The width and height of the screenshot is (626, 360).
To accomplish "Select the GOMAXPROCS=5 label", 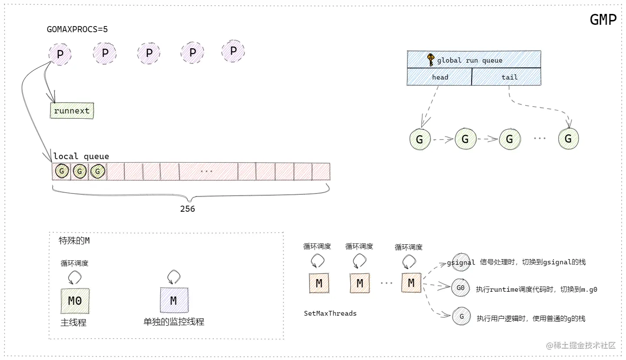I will point(77,30).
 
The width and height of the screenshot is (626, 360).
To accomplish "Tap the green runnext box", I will point(72,111).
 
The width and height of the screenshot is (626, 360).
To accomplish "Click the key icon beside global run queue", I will point(430,60).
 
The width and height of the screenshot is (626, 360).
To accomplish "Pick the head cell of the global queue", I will point(440,77).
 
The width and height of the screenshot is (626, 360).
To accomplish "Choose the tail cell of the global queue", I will point(509,77).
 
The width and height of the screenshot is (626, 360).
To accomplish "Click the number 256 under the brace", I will point(187,209).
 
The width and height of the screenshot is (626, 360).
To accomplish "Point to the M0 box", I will point(75,300).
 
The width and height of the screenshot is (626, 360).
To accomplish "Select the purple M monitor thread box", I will point(173,300).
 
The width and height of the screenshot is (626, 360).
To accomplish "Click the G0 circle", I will point(460,288).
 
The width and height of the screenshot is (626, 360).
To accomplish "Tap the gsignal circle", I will point(461,263).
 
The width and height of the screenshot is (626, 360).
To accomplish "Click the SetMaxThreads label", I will point(330,313).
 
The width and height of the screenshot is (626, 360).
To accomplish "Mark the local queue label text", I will point(81,157).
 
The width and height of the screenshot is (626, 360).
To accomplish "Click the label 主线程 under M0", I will point(73,323).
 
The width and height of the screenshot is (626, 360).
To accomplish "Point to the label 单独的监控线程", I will point(174,322).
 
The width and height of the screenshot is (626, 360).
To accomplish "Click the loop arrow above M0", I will point(74,277).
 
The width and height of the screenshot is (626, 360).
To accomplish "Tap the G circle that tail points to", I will point(568,139).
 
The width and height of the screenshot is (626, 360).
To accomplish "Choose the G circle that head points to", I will point(420,140).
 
